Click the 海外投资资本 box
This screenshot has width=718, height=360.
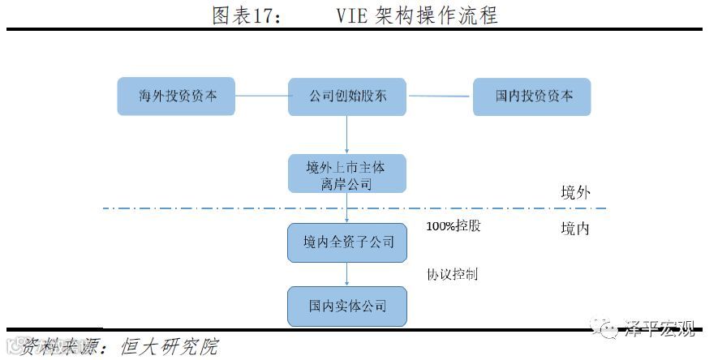click(177, 96)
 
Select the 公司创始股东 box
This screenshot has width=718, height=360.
click(347, 96)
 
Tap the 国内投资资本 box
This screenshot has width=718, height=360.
click(532, 96)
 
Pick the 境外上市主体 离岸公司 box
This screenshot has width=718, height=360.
click(346, 174)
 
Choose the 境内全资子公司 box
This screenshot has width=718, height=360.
click(346, 242)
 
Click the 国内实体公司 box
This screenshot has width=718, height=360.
click(346, 306)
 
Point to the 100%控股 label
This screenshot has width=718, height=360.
click(454, 226)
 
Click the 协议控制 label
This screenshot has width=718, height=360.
click(453, 274)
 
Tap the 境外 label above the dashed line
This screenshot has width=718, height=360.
click(575, 192)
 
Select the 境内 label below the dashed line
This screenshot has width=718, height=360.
click(575, 229)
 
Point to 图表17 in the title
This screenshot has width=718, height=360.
click(247, 15)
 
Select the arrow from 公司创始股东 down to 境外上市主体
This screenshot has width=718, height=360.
click(347, 135)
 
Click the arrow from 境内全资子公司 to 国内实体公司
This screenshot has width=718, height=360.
click(347, 274)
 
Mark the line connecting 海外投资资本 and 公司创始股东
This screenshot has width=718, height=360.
click(262, 96)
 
